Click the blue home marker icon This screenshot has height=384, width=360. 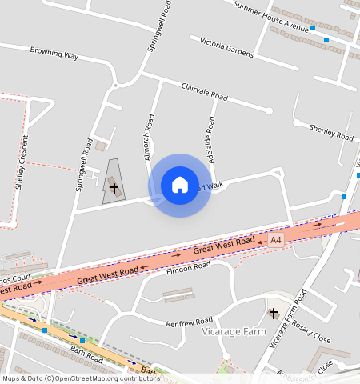point(179,185)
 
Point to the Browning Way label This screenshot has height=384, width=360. point(54,55)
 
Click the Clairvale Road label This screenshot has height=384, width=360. point(204,92)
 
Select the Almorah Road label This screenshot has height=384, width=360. point(149,137)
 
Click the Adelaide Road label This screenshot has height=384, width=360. point(211,139)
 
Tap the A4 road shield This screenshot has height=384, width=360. point(276,239)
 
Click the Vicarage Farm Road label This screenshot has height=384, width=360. point(288,316)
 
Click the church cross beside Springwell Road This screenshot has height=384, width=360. point(114,189)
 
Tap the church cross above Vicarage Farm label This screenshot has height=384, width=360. point(273,312)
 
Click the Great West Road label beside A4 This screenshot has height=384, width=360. point(224,246)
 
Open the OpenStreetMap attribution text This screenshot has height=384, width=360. point(80,378)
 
